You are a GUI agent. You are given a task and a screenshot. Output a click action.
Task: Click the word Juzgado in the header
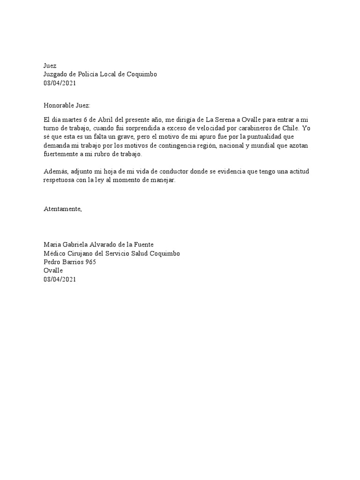[x=55, y=74]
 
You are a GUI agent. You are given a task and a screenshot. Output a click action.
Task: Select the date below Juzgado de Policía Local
[x=60, y=83]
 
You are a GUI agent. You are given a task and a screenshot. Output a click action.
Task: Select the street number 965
[x=89, y=262]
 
